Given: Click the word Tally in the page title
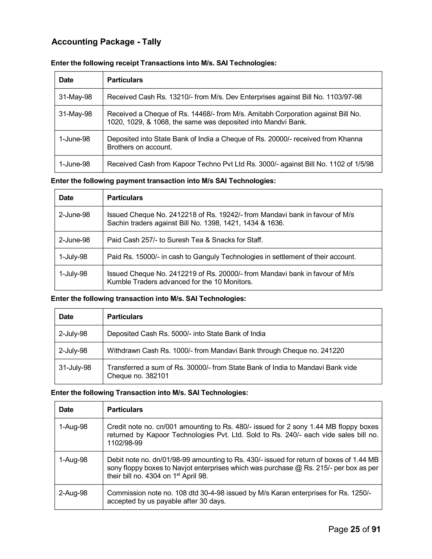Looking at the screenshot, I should pyautogui.click(x=151, y=42).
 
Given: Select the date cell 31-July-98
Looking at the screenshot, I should pyautogui.click(x=75, y=367).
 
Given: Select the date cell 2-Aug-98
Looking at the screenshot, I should pyautogui.click(x=73, y=493).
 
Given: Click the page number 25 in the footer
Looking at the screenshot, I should pyautogui.click(x=355, y=529).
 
